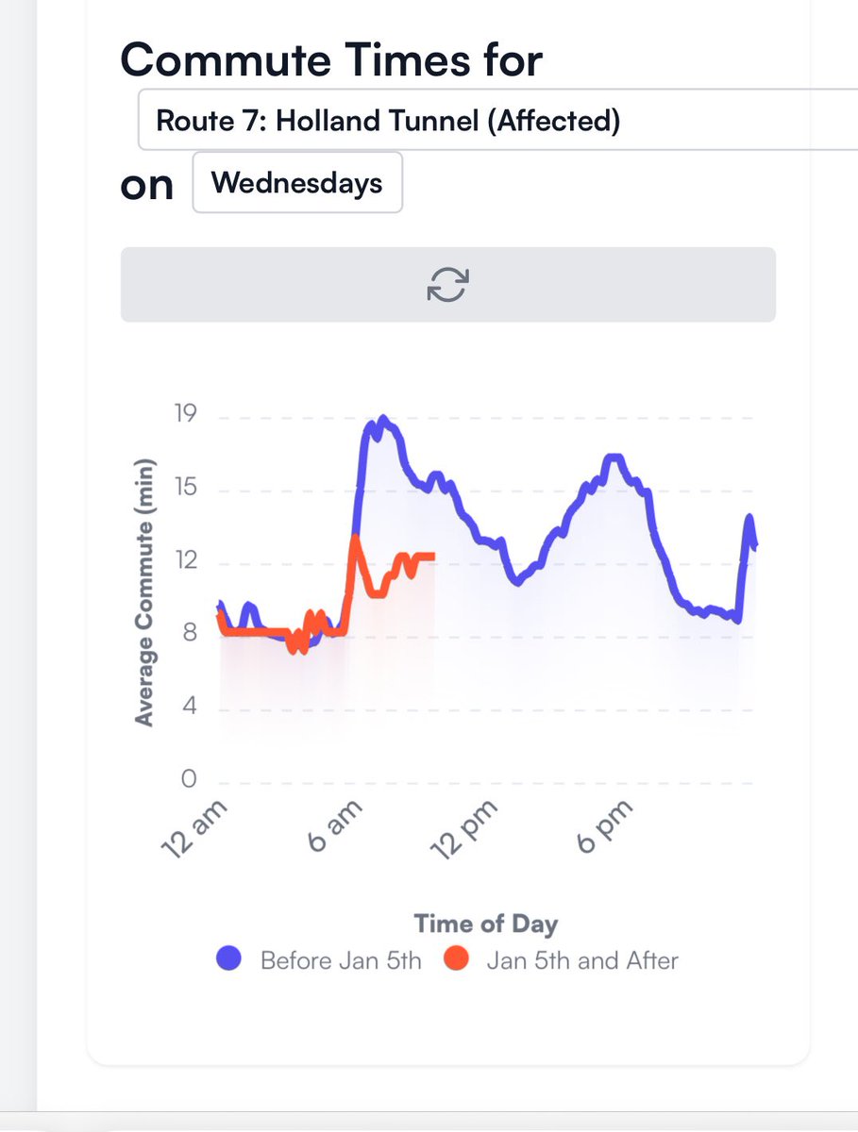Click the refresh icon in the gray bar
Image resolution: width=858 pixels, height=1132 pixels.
[x=448, y=284]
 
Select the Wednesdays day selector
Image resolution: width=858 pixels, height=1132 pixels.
[x=297, y=182]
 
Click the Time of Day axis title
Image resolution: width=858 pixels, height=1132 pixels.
[x=485, y=924]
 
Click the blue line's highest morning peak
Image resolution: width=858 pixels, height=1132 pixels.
[x=382, y=418]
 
